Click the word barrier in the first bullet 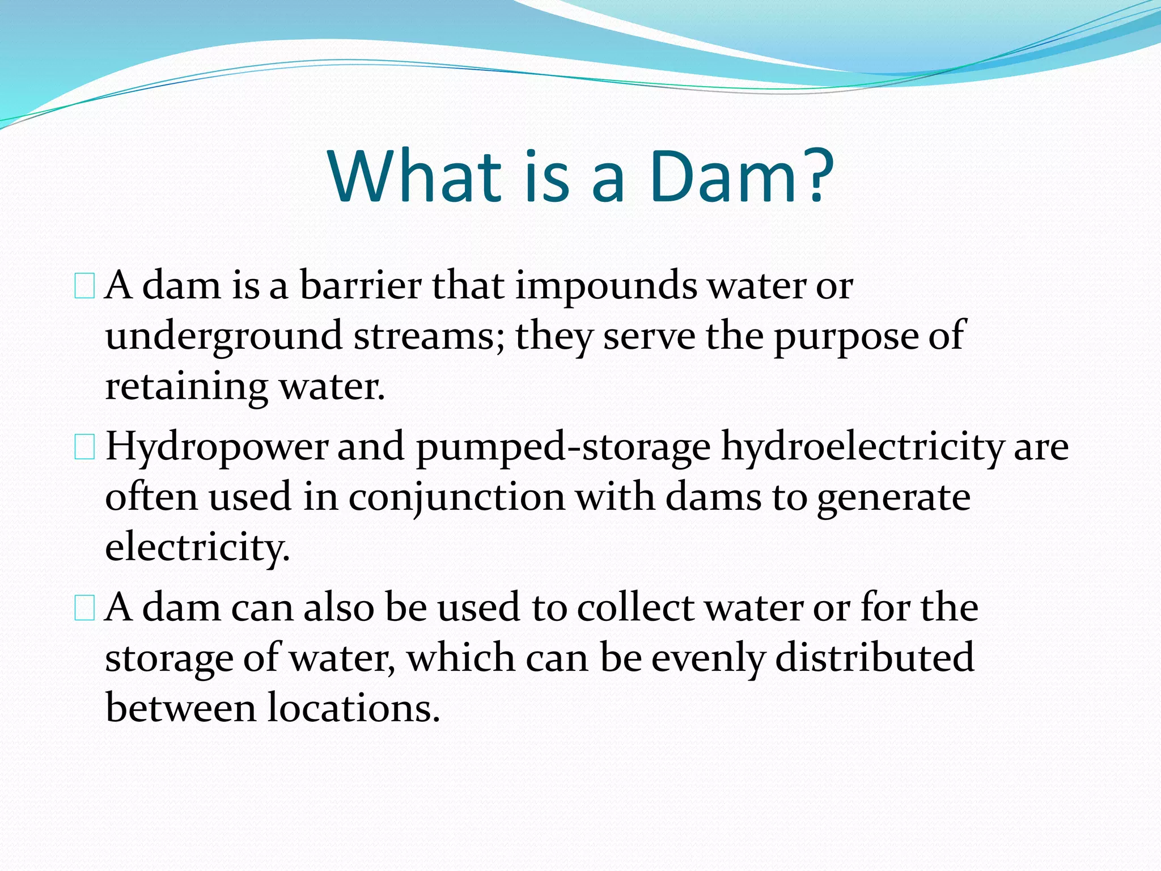click(x=361, y=285)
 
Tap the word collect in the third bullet click(x=635, y=608)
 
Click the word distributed click(x=874, y=658)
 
